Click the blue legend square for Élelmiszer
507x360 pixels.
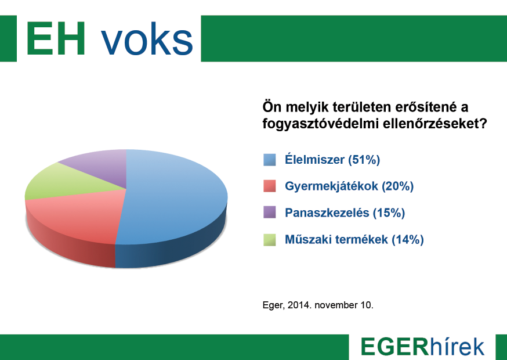[269, 160]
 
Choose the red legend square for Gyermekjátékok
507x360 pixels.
[269, 186]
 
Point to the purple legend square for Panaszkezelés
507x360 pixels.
[269, 213]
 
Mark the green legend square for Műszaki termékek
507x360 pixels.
[269, 239]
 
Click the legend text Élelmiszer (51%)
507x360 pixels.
[332, 160]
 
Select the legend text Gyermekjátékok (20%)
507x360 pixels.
[349, 186]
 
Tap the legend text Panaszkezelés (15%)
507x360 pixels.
[345, 213]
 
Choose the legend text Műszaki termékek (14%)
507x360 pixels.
[354, 239]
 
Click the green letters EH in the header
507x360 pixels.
[56, 39]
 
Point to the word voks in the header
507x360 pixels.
[147, 39]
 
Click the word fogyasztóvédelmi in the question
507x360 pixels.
[316, 124]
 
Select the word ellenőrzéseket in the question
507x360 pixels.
[430, 124]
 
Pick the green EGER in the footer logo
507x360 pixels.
[394, 347]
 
